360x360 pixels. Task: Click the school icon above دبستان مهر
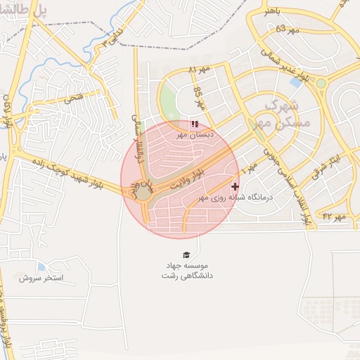(195, 124)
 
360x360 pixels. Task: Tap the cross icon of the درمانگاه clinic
(235, 186)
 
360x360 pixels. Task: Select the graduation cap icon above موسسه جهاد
(186, 255)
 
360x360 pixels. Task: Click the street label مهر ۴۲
(335, 217)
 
